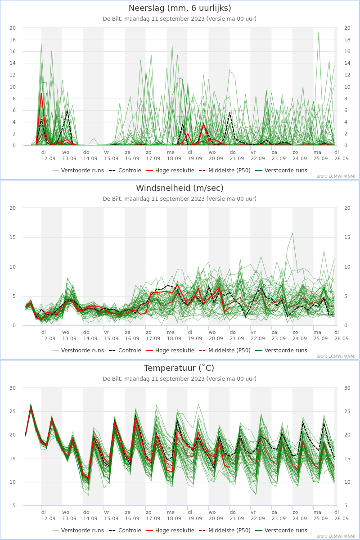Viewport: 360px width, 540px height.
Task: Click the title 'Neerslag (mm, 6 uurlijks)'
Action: point(180,8)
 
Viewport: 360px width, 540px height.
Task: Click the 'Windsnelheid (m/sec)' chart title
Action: point(180,188)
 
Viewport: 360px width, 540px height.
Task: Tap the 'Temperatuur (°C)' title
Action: point(179,368)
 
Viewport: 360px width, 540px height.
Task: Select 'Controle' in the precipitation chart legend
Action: point(130,171)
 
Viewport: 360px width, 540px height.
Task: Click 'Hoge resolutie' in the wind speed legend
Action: point(175,350)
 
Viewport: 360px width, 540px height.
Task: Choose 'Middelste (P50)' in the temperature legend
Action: point(229,531)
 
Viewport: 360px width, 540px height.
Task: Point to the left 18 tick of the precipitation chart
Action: point(13,40)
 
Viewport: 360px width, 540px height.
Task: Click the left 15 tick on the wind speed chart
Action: point(13,237)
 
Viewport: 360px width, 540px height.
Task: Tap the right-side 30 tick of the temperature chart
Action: point(347,388)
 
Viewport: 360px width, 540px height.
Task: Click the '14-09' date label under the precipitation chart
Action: point(90,158)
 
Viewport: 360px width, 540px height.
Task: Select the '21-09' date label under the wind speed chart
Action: point(237,338)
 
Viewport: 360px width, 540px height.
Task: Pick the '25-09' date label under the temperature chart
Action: point(320,518)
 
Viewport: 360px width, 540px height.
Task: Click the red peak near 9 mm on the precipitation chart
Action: point(41,94)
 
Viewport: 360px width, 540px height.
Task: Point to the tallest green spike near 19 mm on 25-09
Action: point(319,33)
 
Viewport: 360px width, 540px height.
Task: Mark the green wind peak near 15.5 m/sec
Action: point(292,234)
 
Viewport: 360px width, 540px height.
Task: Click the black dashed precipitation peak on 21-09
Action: point(230,112)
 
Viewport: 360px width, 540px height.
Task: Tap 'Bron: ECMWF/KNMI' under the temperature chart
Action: point(336,536)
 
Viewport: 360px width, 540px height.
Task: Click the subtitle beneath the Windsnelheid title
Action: point(180,198)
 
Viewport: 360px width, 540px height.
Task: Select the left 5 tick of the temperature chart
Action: point(14,505)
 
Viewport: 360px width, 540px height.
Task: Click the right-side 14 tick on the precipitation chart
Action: point(347,63)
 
